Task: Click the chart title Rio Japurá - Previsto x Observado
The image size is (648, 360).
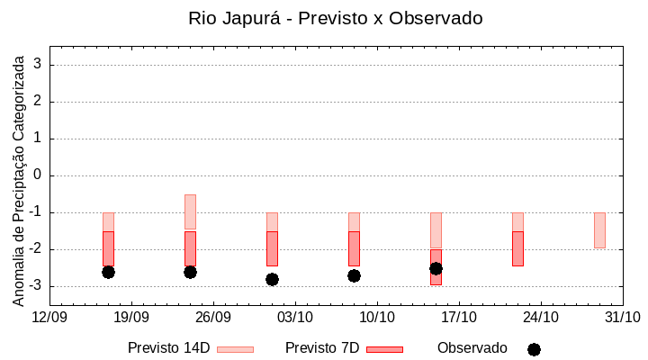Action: pos(335,18)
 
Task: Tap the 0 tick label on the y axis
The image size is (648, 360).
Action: pos(37,175)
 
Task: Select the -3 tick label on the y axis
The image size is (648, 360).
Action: pos(34,286)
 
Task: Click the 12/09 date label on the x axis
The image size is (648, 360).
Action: pos(49,317)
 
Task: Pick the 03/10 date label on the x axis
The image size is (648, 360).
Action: pos(295,317)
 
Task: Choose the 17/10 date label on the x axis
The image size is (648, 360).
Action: pos(459,317)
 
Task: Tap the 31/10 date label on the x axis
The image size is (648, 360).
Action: pos(622,317)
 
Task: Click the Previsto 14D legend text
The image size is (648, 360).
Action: pos(168,348)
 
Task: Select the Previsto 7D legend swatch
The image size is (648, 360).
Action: pos(384,349)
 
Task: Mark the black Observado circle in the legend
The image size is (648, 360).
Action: pos(534,349)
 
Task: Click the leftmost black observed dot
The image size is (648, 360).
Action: pos(108,272)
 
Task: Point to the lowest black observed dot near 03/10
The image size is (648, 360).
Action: pos(272,279)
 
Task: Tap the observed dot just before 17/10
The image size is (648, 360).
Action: pos(436,268)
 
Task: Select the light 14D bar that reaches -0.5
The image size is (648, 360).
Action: pos(190,211)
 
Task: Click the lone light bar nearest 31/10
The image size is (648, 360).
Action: pos(599,230)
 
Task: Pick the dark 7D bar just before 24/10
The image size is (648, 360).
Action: pos(517,248)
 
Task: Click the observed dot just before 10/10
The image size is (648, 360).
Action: pos(354,275)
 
